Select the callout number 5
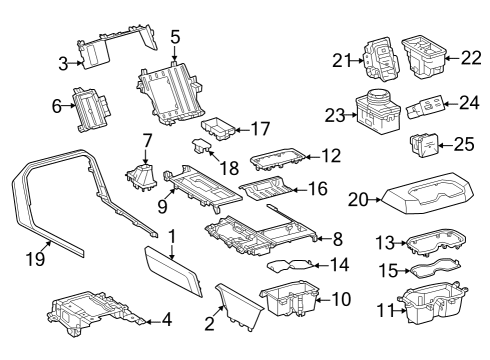175,39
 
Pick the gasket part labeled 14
290,264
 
